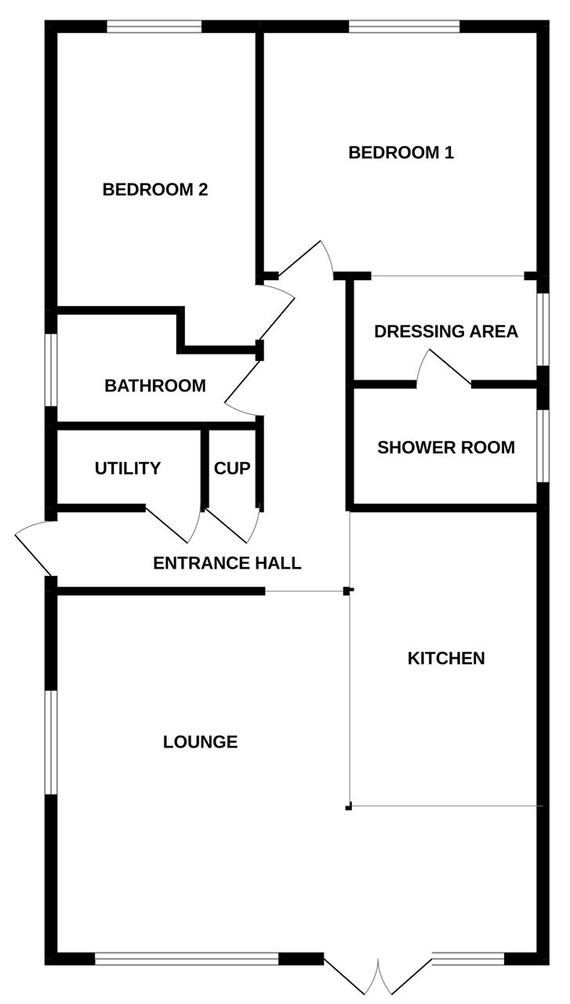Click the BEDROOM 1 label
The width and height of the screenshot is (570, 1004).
point(401,152)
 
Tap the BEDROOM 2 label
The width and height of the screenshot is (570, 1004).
point(154,189)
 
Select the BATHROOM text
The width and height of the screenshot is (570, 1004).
point(154,385)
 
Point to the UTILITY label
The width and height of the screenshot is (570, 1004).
point(127,468)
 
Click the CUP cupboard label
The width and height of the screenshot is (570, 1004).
point(232,468)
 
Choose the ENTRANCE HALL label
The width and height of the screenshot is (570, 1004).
point(227,562)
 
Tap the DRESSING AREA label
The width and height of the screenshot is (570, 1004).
point(445,331)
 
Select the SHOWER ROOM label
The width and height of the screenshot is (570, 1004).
point(445,447)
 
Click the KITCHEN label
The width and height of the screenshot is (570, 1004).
point(445,658)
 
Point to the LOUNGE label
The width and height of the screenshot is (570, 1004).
point(200,741)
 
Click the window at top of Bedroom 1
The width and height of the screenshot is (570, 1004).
point(404,27)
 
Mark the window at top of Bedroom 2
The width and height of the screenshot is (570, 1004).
point(154,27)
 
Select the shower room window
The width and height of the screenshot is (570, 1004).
point(543,445)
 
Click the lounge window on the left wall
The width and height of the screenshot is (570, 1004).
point(51,742)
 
